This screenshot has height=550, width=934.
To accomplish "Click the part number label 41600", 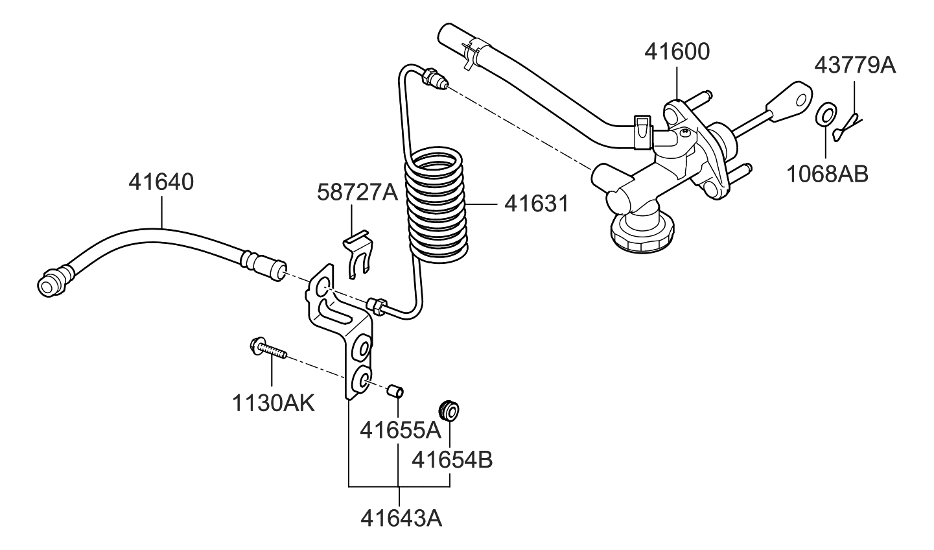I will coord(677,52).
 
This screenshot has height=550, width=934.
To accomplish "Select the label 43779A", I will coord(854,65).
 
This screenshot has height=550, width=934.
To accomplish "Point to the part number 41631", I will coord(536,204).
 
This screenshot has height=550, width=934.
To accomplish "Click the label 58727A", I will coord(357,192).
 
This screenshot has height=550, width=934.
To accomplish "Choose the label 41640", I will coord(161,182).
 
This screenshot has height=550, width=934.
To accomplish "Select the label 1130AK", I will coord(273,403).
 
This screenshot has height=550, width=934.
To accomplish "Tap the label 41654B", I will coord(452,460).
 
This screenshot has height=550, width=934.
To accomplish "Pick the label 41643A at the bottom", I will coord(401,518).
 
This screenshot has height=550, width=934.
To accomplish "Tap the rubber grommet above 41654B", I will coord(449,410).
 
